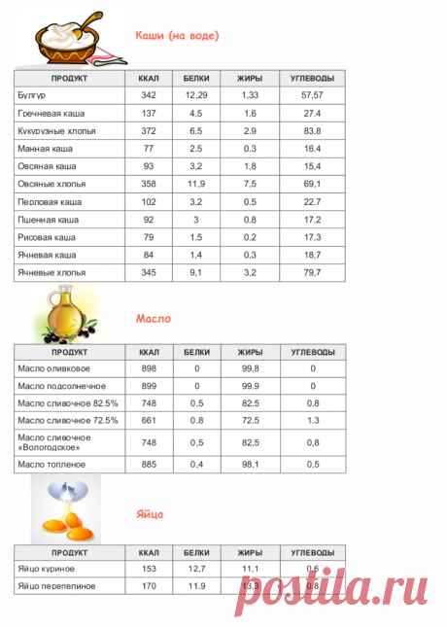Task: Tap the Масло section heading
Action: point(154,319)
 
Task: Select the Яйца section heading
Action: point(151,512)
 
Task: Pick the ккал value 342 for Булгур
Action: point(149,95)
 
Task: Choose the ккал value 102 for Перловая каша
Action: point(149,201)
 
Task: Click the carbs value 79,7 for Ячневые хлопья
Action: point(312,272)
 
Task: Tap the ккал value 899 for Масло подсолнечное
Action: point(149,386)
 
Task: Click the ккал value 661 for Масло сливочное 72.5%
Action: point(149,420)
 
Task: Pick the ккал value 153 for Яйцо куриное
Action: point(149,569)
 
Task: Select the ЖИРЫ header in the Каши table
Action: point(249,77)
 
